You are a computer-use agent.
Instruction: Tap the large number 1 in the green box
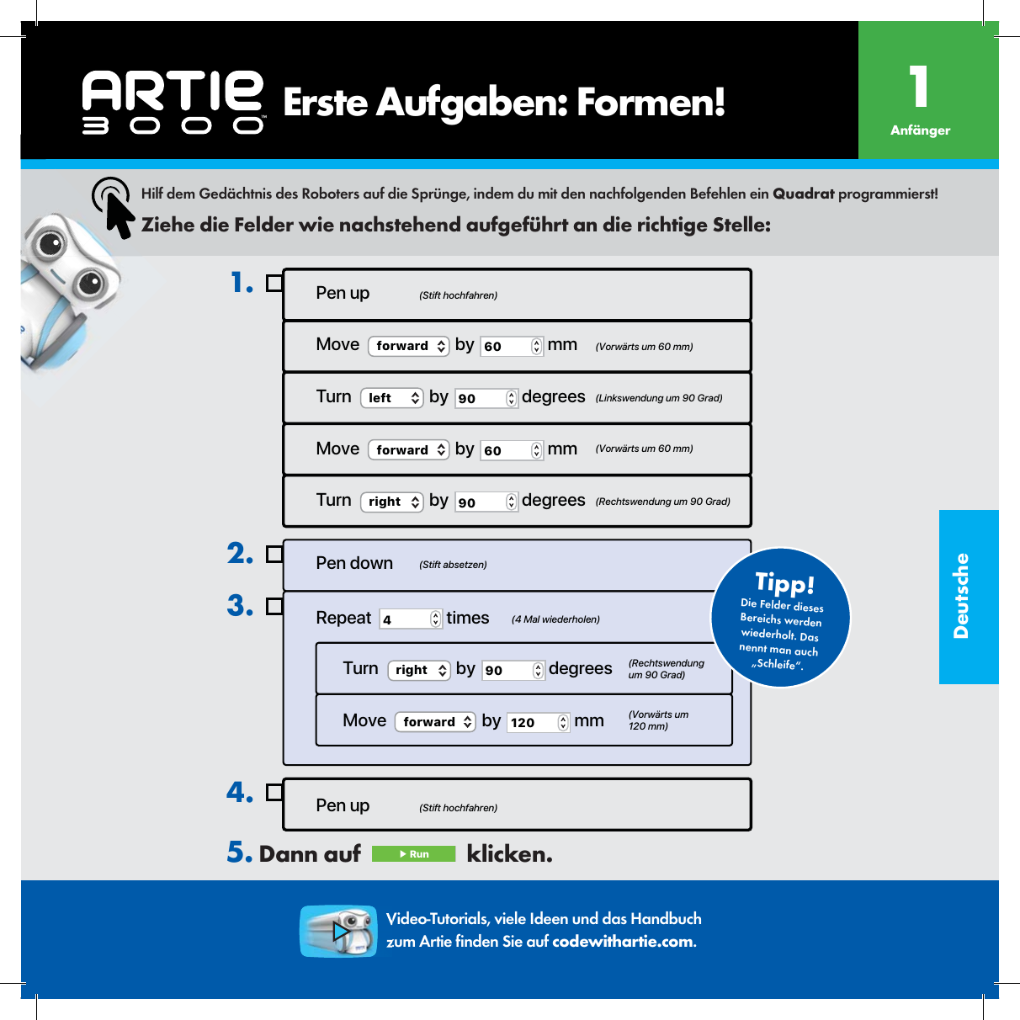(919, 87)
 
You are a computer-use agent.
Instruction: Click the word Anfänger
(920, 130)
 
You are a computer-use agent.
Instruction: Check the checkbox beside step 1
(274, 284)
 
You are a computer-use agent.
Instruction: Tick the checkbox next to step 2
(274, 554)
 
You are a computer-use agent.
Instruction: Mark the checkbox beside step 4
(274, 793)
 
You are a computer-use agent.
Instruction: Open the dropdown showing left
(391, 398)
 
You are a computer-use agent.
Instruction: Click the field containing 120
(538, 722)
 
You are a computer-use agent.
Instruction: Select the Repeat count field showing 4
(410, 619)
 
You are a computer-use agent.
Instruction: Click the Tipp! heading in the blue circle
(784, 582)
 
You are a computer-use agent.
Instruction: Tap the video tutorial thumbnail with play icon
(338, 931)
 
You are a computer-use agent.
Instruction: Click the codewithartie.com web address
(623, 942)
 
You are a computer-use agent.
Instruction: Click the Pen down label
(354, 563)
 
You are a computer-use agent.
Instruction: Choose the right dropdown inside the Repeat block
(418, 670)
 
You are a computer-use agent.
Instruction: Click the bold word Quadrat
(803, 194)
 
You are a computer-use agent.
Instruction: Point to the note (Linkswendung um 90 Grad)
(659, 398)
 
